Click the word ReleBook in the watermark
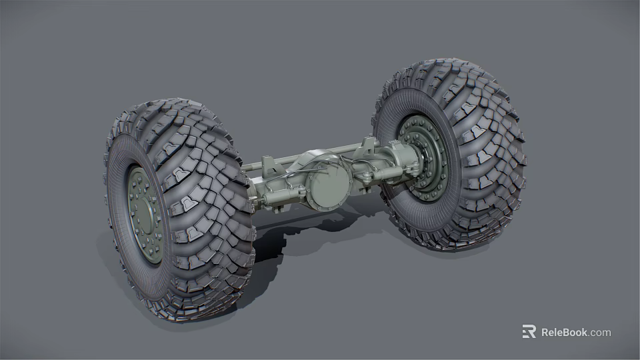click(x=564, y=332)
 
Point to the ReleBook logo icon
click(x=529, y=332)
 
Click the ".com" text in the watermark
click(x=599, y=332)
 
